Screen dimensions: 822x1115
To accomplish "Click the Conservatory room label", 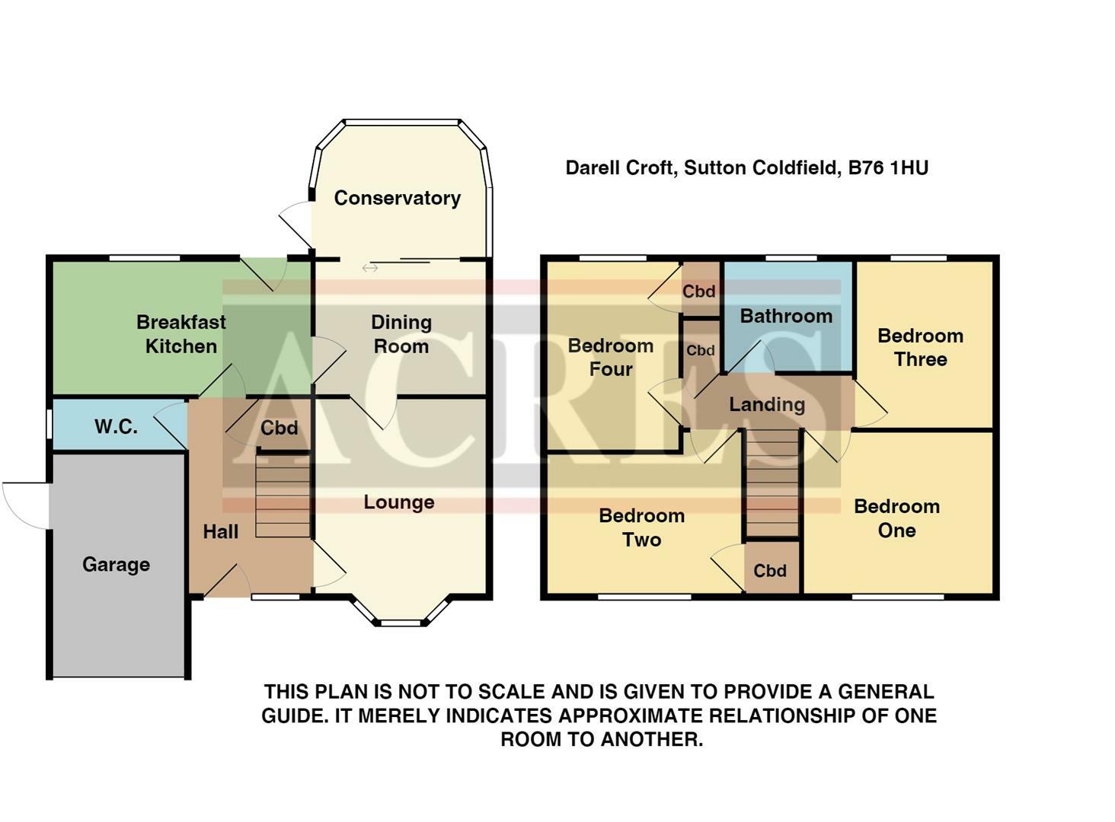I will pyautogui.click(x=397, y=198).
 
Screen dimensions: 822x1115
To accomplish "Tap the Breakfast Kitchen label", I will pyautogui.click(x=181, y=334).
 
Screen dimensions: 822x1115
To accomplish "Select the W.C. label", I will pyautogui.click(x=116, y=426).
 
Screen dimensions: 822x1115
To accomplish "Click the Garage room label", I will pyautogui.click(x=116, y=565).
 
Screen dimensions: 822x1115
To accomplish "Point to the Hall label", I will pyautogui.click(x=220, y=532).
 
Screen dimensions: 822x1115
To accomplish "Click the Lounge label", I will pyautogui.click(x=398, y=502).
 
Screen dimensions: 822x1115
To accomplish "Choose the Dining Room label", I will pyautogui.click(x=401, y=334).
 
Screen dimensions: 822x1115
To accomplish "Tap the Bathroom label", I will pyautogui.click(x=786, y=316).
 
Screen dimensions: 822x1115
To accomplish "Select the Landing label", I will pyautogui.click(x=767, y=405).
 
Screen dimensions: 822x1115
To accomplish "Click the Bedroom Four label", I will pyautogui.click(x=611, y=358).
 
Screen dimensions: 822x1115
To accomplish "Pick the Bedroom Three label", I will pyautogui.click(x=920, y=348).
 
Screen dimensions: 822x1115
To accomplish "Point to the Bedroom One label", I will pyautogui.click(x=896, y=518).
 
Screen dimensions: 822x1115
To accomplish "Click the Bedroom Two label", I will pyautogui.click(x=641, y=527).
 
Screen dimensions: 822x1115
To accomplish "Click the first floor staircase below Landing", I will pyautogui.click(x=772, y=484).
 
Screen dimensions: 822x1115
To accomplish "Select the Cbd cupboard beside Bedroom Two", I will pyautogui.click(x=770, y=571).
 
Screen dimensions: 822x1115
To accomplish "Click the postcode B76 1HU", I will pyautogui.click(x=889, y=167).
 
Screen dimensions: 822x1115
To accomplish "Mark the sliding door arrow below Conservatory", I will pyautogui.click(x=370, y=268).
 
